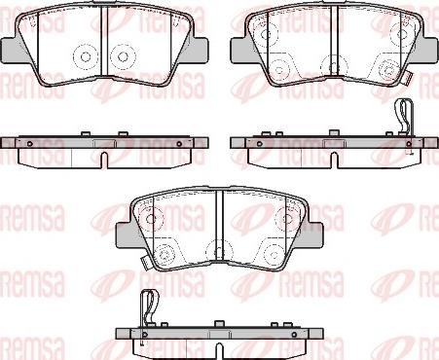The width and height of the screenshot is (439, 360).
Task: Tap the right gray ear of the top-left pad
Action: coord(199,51)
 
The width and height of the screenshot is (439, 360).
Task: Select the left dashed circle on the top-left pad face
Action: coord(85,56)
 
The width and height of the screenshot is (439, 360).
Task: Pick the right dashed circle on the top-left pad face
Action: coord(123,56)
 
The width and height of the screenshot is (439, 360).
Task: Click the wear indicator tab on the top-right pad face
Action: coord(408,78)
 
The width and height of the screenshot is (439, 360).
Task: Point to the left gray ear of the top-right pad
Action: coord(239,51)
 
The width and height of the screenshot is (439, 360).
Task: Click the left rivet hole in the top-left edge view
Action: coord(29,144)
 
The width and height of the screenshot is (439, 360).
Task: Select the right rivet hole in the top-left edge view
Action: coord(179,144)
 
